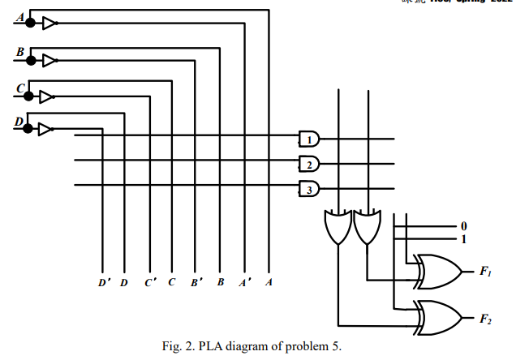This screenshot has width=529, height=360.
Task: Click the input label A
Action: (20, 17)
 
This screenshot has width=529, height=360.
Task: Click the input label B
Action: (20, 52)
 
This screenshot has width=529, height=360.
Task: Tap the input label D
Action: (20, 122)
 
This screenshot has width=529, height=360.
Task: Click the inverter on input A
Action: (49, 24)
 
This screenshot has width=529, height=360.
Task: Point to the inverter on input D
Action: (45, 128)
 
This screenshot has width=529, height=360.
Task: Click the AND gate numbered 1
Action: (309, 139)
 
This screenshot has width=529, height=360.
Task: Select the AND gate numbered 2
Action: (309, 165)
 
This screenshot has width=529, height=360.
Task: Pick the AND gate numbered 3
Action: (309, 191)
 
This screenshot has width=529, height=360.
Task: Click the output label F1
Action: (484, 272)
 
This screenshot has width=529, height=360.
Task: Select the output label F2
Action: (484, 316)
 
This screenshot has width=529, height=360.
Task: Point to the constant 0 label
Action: (463, 226)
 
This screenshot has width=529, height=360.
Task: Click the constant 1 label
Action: (463, 239)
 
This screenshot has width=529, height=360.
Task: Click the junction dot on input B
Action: (31, 60)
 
